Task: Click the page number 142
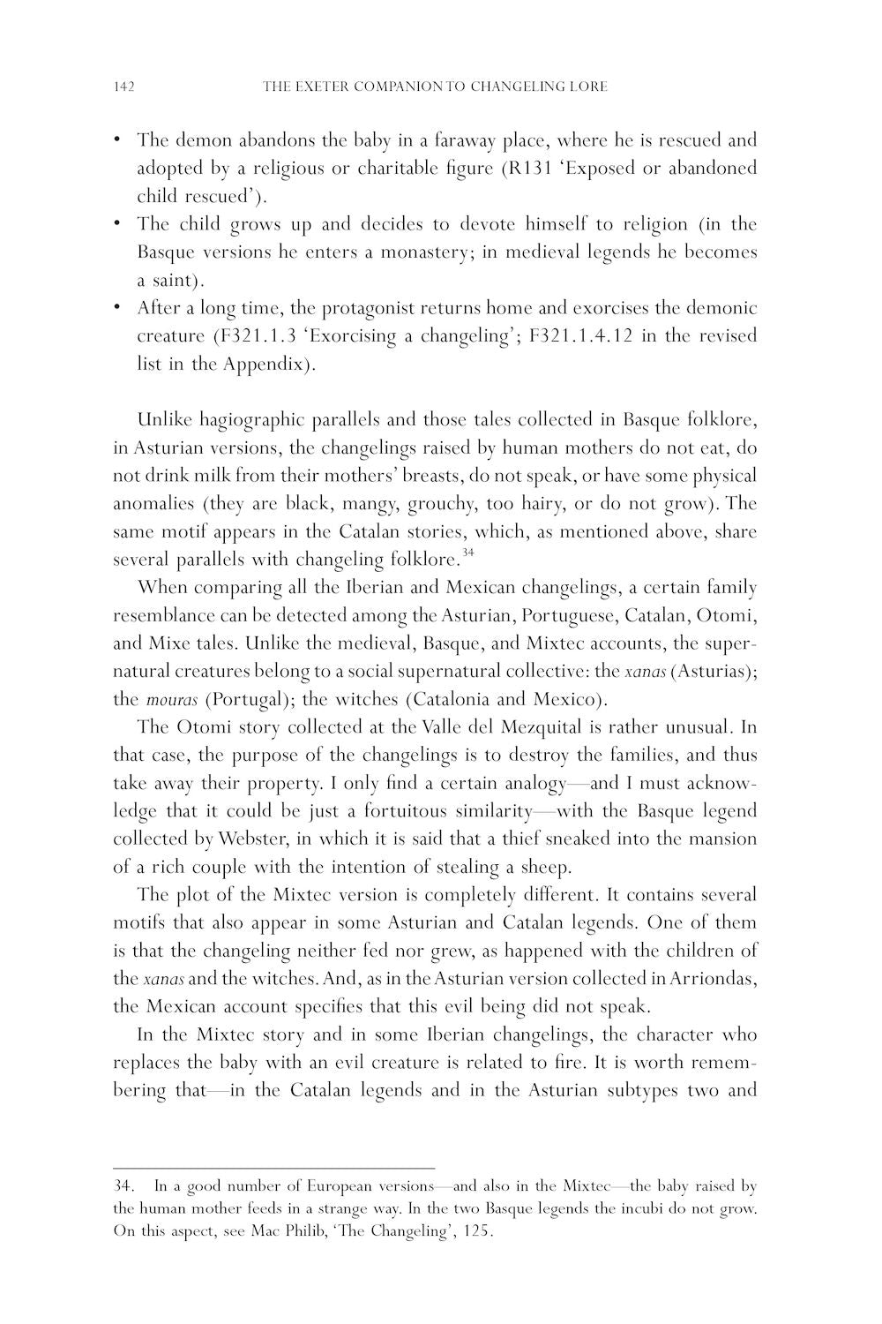(123, 87)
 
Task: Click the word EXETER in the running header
(324, 87)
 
